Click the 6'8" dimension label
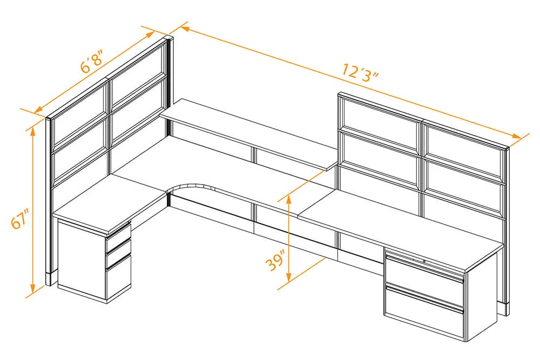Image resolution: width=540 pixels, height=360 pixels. (x=91, y=62)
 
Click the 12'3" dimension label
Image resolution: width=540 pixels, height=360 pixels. (x=360, y=72)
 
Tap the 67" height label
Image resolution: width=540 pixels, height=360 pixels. (x=19, y=218)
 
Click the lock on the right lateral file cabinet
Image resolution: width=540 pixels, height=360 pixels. (x=424, y=262)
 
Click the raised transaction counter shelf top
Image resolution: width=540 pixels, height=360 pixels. (x=248, y=134)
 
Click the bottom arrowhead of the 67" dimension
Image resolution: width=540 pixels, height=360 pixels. (x=33, y=288)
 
